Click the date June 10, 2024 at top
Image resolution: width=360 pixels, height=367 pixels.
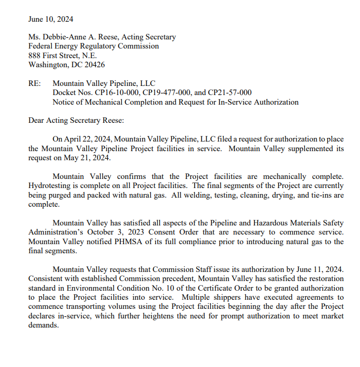[51, 19]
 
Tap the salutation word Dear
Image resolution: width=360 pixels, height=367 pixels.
[37, 121]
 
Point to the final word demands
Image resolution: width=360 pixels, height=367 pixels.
[44, 326]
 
